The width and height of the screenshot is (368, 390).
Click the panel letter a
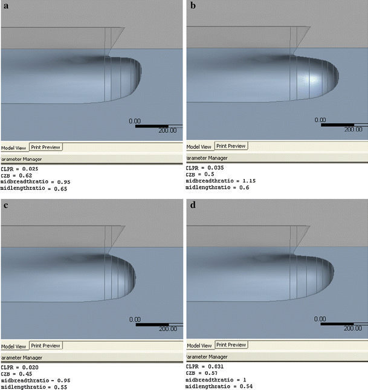tap(5, 6)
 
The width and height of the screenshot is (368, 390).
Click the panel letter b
tap(193, 6)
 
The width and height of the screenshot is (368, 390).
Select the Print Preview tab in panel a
tap(45, 146)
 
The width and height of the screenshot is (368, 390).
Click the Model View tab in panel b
tap(199, 146)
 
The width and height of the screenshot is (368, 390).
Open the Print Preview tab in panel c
tap(45, 346)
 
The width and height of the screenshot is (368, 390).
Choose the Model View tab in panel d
tap(199, 346)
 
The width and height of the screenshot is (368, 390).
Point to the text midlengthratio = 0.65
tap(33, 189)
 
